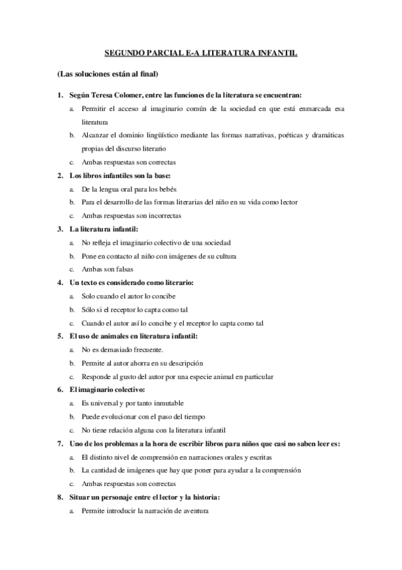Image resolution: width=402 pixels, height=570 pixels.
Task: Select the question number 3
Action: [x=60, y=230]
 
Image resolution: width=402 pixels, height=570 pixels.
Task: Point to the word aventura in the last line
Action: [x=193, y=512]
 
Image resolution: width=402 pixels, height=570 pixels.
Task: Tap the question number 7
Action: [x=60, y=444]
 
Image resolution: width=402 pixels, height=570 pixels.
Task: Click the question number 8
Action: [x=60, y=497]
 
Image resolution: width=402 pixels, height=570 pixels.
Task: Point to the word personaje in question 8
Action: [x=116, y=497]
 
